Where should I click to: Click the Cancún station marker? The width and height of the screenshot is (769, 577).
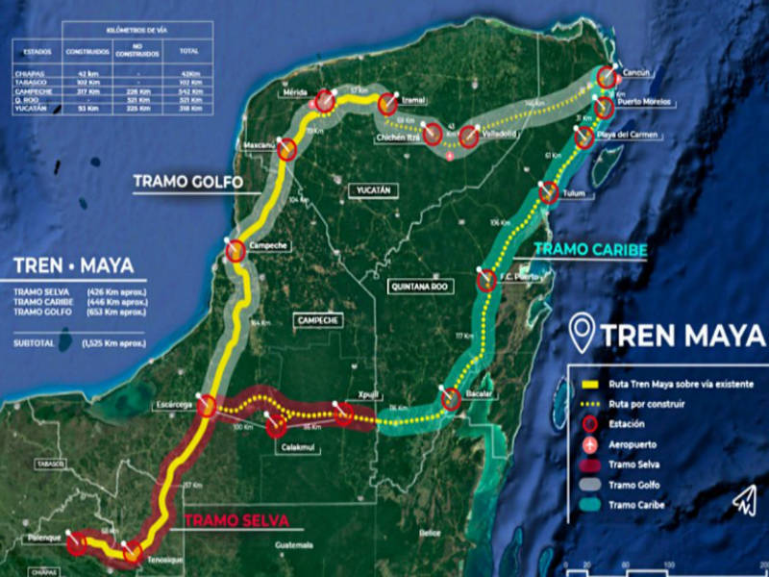click(x=608, y=77)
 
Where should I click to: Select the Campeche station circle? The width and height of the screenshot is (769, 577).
click(x=236, y=252)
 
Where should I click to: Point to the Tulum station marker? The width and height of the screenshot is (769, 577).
click(x=549, y=194)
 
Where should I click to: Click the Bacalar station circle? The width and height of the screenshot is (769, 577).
click(x=451, y=399)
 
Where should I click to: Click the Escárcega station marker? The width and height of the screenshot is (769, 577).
click(x=206, y=406)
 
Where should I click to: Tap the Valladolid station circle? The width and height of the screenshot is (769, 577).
click(x=469, y=138)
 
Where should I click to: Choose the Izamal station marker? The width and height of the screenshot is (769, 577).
click(x=388, y=105)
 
